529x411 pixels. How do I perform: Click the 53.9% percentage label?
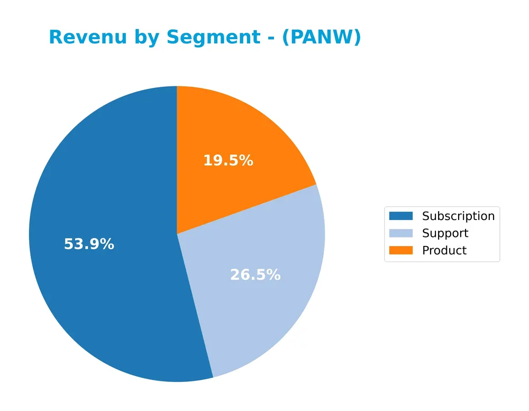(89, 244)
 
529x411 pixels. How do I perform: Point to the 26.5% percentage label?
(255, 275)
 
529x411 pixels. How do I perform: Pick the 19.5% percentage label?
(228, 161)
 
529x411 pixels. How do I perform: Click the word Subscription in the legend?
(458, 216)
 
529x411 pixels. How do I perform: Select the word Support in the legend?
(445, 233)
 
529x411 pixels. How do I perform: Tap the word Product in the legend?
(444, 250)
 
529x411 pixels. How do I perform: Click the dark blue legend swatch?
(400, 216)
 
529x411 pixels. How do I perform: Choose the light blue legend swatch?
(400, 233)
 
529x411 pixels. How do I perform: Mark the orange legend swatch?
(400, 250)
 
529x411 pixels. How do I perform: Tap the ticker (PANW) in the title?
(321, 38)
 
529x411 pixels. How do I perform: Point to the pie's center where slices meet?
(177, 234)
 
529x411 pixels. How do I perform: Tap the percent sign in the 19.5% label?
(245, 161)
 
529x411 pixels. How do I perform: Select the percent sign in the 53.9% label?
(106, 244)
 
